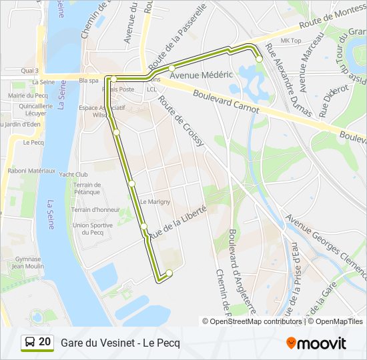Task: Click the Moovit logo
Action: click(316, 343)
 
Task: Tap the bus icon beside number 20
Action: click(29, 343)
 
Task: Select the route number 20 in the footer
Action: click(45, 342)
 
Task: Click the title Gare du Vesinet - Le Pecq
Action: click(120, 343)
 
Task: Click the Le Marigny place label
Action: click(155, 201)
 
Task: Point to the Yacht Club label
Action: click(73, 175)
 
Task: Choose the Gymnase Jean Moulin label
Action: click(27, 262)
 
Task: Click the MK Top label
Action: click(291, 41)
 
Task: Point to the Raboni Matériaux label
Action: click(31, 171)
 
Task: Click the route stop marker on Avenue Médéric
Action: click(171, 68)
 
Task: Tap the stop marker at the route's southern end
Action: click(169, 272)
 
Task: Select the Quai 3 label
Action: click(30, 70)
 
